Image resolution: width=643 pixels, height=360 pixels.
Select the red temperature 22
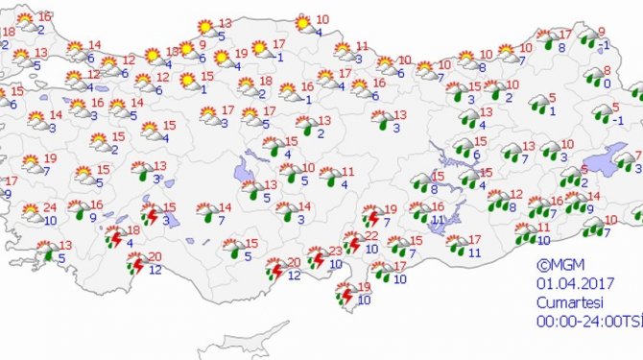point(371,236)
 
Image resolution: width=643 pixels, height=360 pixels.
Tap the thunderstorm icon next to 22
point(349,243)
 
